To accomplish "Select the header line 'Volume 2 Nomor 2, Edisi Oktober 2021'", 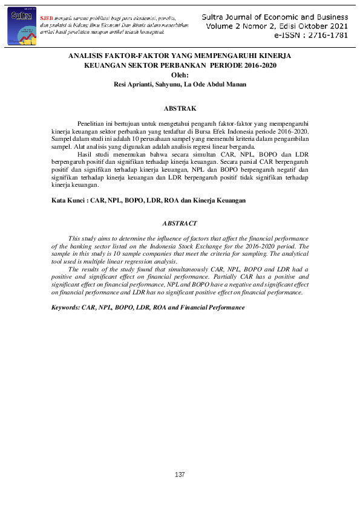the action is [x=277, y=28].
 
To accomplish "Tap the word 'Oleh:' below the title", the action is [x=180, y=75].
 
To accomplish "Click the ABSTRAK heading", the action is [x=180, y=109].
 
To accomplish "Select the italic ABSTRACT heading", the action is [x=180, y=224].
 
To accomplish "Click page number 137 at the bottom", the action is [x=180, y=475].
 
